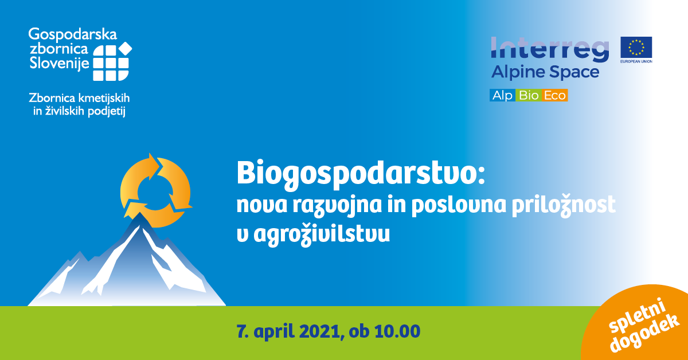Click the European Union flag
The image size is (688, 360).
tap(636, 47)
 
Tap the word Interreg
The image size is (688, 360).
tap(550, 49)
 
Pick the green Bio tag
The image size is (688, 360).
tap(528, 96)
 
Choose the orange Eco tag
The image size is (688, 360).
tap(554, 96)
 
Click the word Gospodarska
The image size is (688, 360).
tap(73, 36)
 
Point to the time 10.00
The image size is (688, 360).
tap(398, 332)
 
